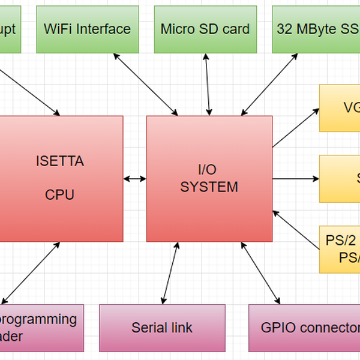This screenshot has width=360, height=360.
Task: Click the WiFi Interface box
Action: click(87, 29)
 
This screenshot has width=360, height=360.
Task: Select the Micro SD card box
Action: click(205, 29)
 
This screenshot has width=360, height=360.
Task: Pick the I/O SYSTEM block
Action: click(209, 178)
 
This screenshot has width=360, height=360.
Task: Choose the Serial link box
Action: click(162, 328)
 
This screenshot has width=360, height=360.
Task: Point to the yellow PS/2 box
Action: click(340, 249)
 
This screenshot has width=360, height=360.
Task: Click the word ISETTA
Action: click(60, 161)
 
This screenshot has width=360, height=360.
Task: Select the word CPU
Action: click(60, 195)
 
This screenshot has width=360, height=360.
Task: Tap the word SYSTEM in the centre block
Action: click(209, 187)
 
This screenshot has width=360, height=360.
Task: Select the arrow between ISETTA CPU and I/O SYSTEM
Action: click(135, 178)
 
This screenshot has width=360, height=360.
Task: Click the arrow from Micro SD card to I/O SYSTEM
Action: click(208, 84)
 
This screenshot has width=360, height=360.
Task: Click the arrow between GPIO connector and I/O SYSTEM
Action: click(260, 272)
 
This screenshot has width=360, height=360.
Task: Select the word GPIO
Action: click(276, 328)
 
